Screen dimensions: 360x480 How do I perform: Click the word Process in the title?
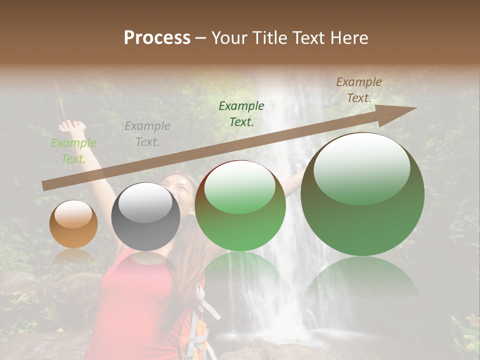pyautogui.click(x=157, y=38)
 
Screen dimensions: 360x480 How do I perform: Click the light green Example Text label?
pyautogui.click(x=73, y=151)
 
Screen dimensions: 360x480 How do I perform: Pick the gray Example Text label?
pyautogui.click(x=147, y=134)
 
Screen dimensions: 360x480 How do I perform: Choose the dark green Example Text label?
pyautogui.click(x=241, y=113)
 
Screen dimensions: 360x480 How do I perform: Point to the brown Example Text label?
pyautogui.click(x=359, y=90)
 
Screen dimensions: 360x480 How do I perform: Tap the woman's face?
pyautogui.click(x=183, y=187)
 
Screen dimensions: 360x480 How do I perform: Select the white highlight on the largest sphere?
pyautogui.click(x=361, y=167)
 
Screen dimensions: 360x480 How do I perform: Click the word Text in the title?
pyautogui.click(x=308, y=38)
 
